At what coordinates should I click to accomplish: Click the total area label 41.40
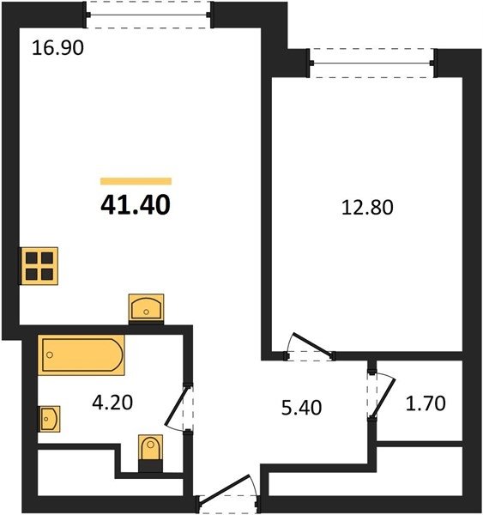click(x=136, y=204)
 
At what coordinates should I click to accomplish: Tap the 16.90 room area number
click(x=57, y=47)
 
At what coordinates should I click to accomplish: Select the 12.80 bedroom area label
click(x=367, y=208)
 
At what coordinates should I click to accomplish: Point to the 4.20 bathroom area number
click(x=112, y=403)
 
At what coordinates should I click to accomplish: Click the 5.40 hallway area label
click(x=301, y=408)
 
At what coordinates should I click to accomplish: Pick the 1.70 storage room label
click(x=426, y=403)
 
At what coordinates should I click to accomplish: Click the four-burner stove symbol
click(x=39, y=266)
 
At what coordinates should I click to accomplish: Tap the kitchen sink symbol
click(x=146, y=308)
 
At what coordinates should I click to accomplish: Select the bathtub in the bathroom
click(x=82, y=354)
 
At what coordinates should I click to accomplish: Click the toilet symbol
click(x=150, y=453)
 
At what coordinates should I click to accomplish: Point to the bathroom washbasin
click(x=49, y=419)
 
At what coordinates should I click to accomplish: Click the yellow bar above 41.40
click(x=136, y=181)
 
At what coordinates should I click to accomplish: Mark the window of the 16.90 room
click(x=148, y=15)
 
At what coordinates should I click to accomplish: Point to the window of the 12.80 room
click(x=372, y=63)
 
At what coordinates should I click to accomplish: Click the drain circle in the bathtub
click(x=50, y=354)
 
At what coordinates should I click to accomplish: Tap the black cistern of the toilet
click(x=150, y=466)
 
